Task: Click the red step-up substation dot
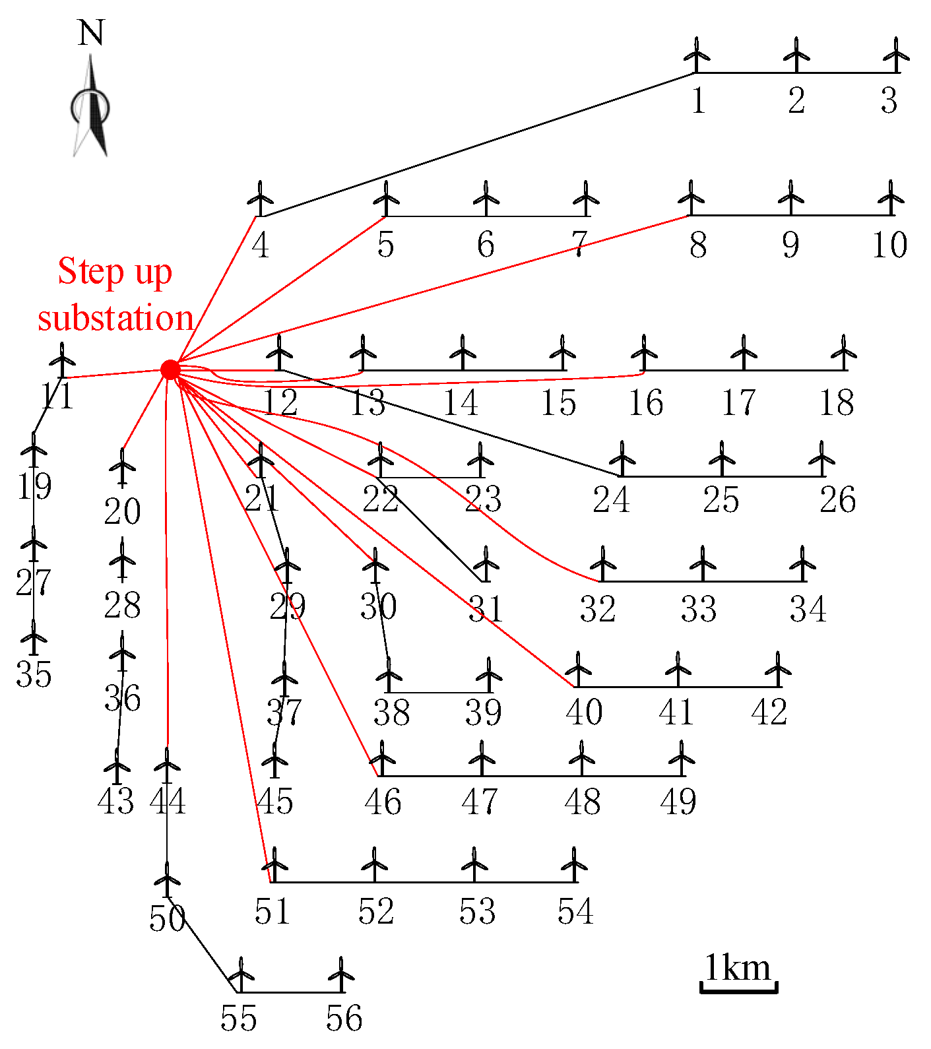[170, 369]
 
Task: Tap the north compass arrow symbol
[90, 109]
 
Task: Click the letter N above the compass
[91, 33]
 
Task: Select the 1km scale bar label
[738, 969]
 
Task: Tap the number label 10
[889, 245]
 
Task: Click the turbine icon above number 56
[341, 974]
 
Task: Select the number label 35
[34, 674]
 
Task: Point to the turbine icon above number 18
[843, 352]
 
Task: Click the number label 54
[575, 912]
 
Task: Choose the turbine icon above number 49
[682, 757]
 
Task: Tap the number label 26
[838, 499]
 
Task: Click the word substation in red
[115, 319]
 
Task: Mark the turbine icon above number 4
[261, 197]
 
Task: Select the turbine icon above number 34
[802, 563]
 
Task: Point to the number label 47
[480, 802]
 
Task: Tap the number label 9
[790, 245]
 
